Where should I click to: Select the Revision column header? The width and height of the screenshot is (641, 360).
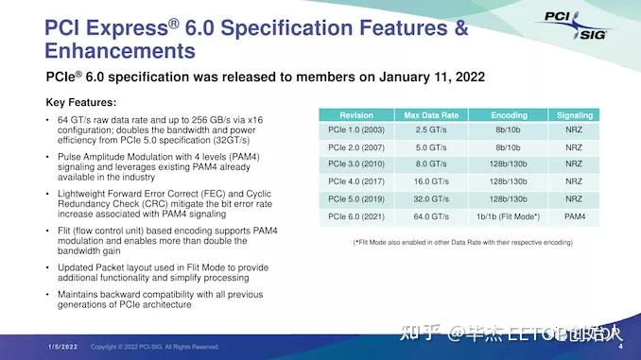click(355, 114)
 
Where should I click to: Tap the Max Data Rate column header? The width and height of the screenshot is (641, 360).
click(431, 114)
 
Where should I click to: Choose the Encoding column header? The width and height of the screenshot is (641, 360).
click(510, 114)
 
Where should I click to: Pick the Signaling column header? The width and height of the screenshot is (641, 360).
click(573, 114)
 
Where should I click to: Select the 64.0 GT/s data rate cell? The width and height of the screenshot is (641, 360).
click(431, 217)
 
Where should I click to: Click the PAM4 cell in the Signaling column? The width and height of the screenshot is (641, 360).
click(573, 217)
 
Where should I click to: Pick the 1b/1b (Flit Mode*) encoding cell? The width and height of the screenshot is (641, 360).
click(510, 217)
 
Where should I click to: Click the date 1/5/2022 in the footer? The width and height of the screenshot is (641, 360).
click(63, 347)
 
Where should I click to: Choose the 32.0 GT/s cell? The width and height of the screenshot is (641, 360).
click(431, 200)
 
